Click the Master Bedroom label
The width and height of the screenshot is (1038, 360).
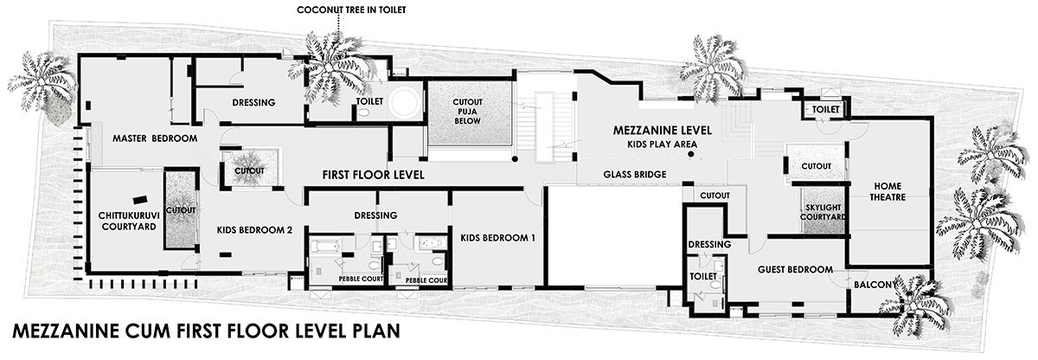click(x=155, y=138)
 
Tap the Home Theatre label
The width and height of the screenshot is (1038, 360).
click(x=887, y=192)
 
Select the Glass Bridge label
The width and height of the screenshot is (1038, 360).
click(x=635, y=175)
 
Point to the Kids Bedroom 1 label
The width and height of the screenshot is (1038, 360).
click(x=497, y=238)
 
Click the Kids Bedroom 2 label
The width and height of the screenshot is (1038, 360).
click(x=254, y=230)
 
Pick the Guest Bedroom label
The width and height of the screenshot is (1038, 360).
click(x=795, y=270)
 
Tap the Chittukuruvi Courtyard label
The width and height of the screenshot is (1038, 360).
click(x=129, y=222)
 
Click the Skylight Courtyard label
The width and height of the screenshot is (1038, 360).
click(x=823, y=212)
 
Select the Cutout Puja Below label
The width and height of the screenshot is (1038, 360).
click(x=468, y=111)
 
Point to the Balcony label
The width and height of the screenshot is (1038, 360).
click(x=874, y=285)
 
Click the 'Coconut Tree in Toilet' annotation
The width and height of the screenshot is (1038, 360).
click(x=351, y=10)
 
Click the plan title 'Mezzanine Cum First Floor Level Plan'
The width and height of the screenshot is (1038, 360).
click(x=206, y=331)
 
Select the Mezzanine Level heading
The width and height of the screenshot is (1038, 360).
click(x=663, y=131)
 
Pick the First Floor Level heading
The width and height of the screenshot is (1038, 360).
click(x=374, y=175)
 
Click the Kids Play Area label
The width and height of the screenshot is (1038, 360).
click(x=663, y=145)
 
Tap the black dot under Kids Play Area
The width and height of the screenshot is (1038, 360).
click(x=691, y=154)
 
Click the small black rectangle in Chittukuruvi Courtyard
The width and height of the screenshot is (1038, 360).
click(x=140, y=200)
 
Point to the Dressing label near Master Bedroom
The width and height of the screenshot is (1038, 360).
click(x=254, y=102)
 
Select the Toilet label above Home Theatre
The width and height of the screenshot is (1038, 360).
click(x=826, y=110)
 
